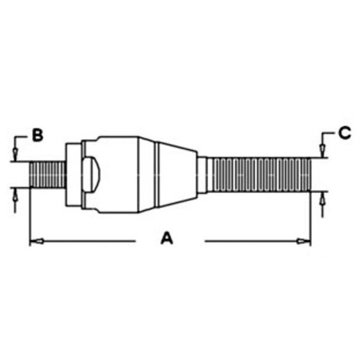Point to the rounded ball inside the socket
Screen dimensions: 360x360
(89, 174)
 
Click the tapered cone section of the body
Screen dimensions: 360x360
(176, 174)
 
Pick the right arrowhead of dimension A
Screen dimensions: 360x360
(305, 240)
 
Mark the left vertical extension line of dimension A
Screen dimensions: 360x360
(29, 216)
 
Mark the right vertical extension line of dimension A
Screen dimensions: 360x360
(310, 216)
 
